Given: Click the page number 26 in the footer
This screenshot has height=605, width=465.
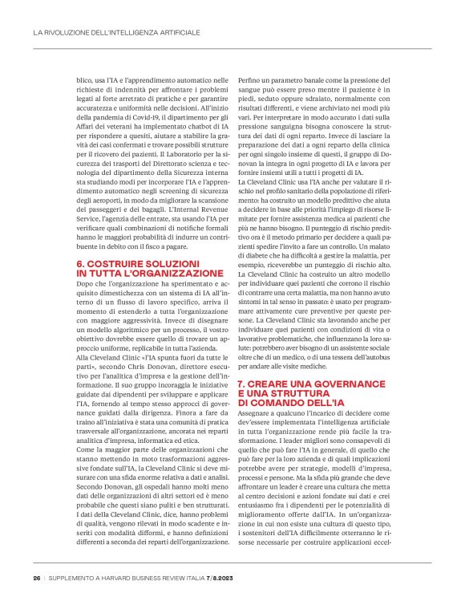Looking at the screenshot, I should click(x=37, y=579).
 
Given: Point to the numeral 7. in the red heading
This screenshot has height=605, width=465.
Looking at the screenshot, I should click(x=242, y=386).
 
